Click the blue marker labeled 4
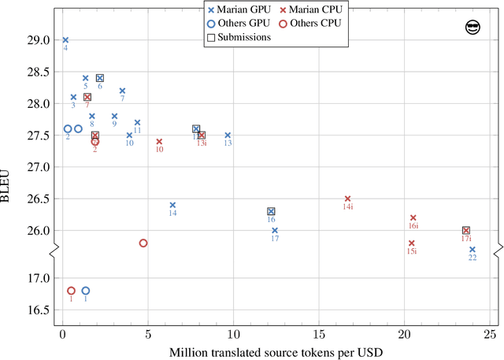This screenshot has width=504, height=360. [x=65, y=39]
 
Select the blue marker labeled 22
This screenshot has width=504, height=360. [x=472, y=249]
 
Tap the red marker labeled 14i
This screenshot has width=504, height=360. [x=347, y=199]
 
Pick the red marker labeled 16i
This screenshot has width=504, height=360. [x=413, y=217]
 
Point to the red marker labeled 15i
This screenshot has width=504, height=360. [x=411, y=243]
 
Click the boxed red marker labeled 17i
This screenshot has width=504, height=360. [x=466, y=231]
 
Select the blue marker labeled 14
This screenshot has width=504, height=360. [x=172, y=205]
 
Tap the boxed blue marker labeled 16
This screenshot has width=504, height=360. [x=271, y=211]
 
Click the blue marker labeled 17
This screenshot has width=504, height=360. [x=275, y=230]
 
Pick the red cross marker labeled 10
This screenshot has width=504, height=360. [x=159, y=142]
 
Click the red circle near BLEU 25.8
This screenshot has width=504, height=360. [x=143, y=243]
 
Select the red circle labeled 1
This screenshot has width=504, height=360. [x=71, y=291]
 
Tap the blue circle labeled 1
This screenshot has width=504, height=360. [x=86, y=291]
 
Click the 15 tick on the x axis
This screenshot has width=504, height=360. [x=318, y=333]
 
